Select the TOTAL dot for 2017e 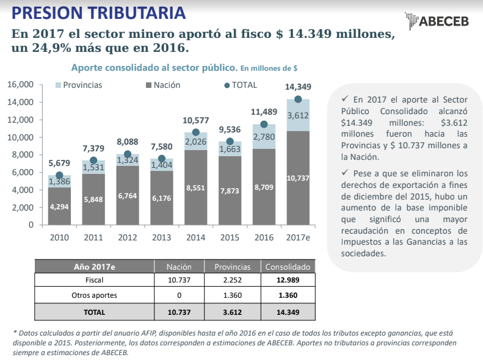click(298, 99)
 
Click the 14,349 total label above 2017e click(298, 86)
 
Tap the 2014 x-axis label click(195, 237)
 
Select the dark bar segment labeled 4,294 click(59, 206)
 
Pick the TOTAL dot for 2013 click(162, 159)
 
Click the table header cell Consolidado click(288, 267)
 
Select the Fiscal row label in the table click(95, 281)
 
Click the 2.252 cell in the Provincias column click(232, 281)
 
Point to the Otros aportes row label click(95, 296)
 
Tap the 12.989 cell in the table click(288, 281)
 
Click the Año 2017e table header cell click(95, 267)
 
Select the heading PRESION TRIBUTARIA click(100, 12)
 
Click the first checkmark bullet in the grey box click(345, 98)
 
